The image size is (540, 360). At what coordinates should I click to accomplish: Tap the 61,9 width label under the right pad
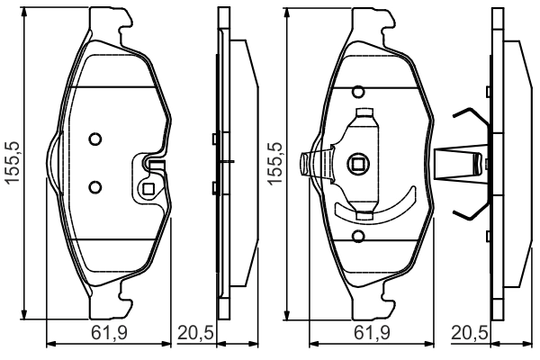click(370, 333)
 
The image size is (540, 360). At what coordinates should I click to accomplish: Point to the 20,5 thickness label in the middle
click(195, 333)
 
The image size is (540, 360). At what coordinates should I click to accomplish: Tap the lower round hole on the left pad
click(95, 186)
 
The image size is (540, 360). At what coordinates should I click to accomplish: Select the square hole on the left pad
click(148, 189)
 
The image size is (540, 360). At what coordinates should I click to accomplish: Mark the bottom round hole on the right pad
click(357, 236)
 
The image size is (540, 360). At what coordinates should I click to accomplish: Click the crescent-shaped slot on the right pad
click(378, 210)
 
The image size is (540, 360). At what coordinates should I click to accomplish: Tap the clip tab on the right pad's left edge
click(310, 163)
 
